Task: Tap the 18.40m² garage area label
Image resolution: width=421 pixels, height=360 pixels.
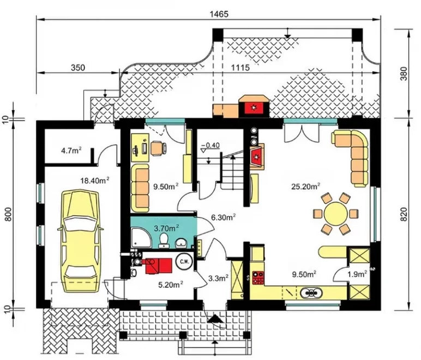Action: tap(95, 181)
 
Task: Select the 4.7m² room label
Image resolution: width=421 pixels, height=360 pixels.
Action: tap(71, 151)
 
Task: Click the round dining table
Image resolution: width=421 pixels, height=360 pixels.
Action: tap(335, 214)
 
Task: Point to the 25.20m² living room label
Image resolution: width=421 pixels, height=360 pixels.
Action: tap(305, 186)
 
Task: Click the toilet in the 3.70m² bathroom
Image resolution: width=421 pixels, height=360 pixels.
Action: tap(164, 240)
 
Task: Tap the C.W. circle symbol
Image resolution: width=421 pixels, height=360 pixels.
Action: tap(184, 261)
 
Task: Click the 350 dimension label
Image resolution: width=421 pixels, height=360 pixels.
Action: tap(78, 68)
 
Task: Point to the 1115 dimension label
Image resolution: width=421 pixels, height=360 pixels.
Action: tap(240, 68)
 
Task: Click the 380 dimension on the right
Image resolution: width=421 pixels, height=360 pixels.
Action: tap(404, 74)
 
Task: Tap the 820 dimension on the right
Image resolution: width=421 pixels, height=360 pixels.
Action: tap(404, 214)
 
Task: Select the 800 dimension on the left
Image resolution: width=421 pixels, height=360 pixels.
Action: tap(9, 214)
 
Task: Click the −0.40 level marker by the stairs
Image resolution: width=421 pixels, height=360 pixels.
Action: tap(211, 146)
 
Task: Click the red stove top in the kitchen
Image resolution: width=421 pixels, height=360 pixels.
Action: tap(258, 278)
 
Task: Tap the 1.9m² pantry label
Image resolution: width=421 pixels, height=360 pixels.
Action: tap(357, 274)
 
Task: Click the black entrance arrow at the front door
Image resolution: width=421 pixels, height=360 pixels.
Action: tap(215, 319)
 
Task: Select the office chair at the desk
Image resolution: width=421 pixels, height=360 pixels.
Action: tap(158, 148)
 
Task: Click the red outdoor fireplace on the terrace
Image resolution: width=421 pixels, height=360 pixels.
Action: tap(254, 108)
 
